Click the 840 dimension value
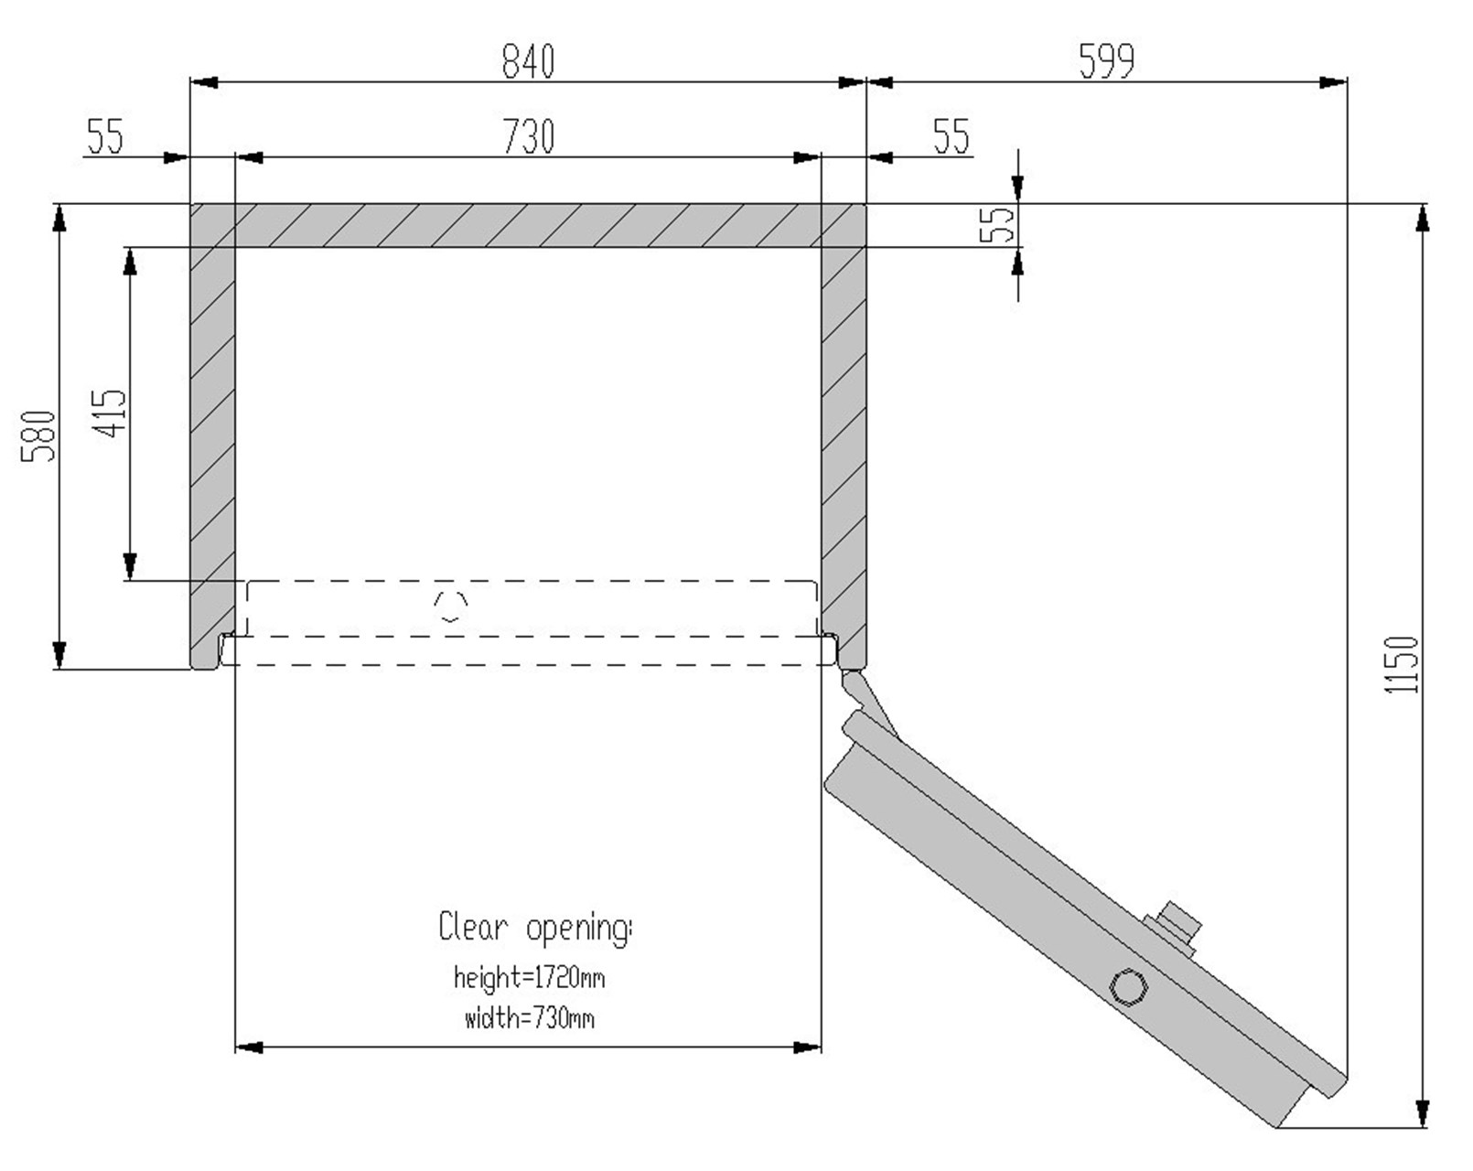click(528, 61)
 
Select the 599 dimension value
click(1106, 61)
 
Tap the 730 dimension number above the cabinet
click(528, 136)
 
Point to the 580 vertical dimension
click(38, 436)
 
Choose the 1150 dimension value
click(1401, 664)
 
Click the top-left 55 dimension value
click(105, 136)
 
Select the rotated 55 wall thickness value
click(996, 224)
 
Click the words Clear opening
click(535, 928)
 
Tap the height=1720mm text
click(529, 977)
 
